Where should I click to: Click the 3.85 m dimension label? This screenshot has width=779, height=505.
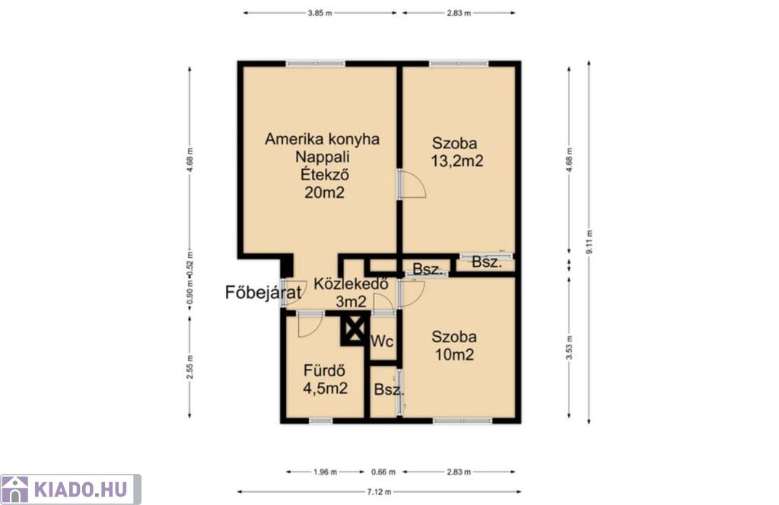point(320,13)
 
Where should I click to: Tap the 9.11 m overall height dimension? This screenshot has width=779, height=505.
point(590,242)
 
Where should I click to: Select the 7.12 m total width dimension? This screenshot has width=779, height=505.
point(379,491)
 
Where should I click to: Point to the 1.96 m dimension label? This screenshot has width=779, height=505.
point(326,472)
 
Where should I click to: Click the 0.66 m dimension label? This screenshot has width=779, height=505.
point(383,472)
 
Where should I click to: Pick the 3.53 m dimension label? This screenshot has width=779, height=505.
point(569,348)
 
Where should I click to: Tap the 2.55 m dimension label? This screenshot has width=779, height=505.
point(189,367)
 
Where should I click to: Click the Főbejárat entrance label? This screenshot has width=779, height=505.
point(263,292)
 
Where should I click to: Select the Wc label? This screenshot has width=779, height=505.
point(382,341)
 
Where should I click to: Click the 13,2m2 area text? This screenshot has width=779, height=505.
point(457,161)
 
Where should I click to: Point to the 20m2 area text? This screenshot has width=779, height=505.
point(324,192)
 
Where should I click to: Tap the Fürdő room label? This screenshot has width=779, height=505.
point(324,370)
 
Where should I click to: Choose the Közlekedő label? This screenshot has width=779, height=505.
point(351,284)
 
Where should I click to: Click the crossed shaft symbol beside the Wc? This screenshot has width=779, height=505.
point(355,329)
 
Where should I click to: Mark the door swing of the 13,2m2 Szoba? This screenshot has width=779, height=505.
point(412,184)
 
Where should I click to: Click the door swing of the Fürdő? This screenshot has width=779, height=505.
point(310,326)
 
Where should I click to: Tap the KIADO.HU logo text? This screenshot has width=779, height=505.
point(81,490)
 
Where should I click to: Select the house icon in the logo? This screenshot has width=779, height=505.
point(15,490)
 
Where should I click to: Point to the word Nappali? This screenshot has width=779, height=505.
point(323,157)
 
